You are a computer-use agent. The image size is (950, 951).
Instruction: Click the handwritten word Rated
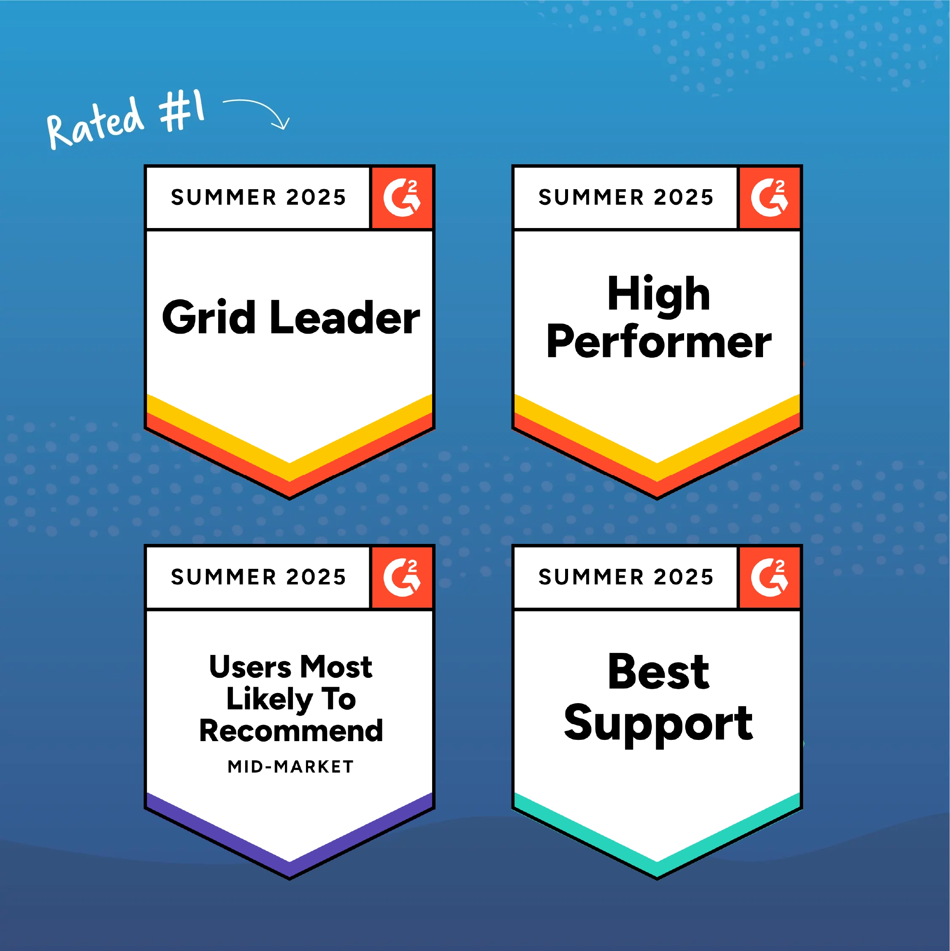click(x=95, y=123)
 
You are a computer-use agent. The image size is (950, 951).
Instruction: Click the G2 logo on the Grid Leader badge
click(x=402, y=197)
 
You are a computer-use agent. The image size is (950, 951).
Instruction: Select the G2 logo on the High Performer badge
click(x=769, y=197)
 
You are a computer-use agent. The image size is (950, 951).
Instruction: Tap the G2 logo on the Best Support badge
click(x=769, y=577)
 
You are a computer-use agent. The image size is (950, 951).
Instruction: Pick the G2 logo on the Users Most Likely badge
click(x=402, y=577)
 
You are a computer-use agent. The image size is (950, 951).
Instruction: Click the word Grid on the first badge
click(x=209, y=317)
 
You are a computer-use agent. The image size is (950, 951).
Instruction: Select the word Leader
click(x=345, y=317)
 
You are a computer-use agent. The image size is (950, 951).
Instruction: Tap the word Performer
click(x=659, y=341)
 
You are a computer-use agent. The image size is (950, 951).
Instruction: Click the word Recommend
click(x=291, y=731)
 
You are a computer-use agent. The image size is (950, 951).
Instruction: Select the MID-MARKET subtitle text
click(x=290, y=767)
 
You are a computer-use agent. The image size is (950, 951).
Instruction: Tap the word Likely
click(x=270, y=699)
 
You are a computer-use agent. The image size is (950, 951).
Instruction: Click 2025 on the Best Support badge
click(x=683, y=577)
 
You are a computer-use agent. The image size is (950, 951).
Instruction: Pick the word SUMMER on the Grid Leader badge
click(x=224, y=197)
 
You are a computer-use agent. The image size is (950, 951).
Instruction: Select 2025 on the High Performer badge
click(x=683, y=197)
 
